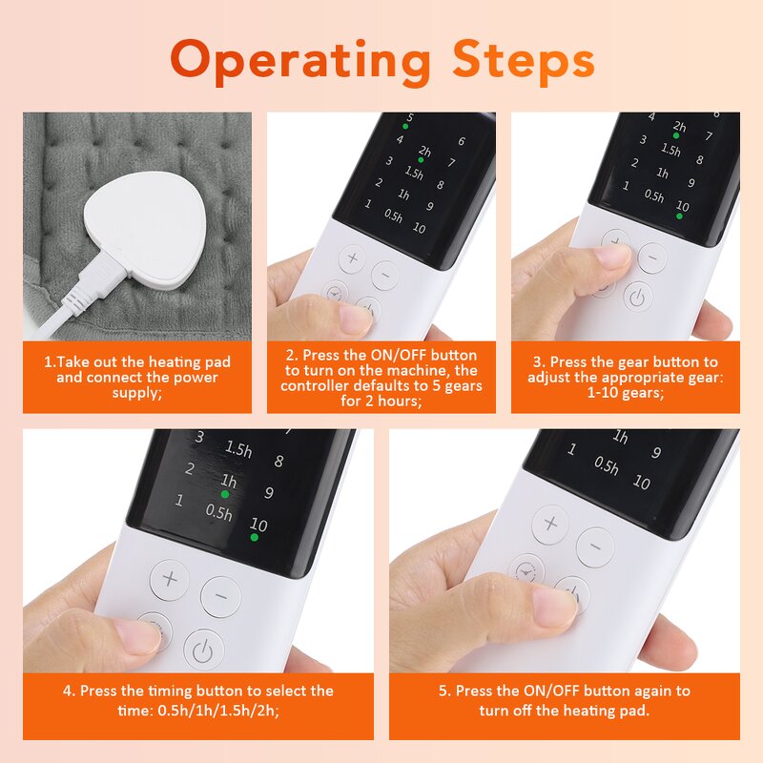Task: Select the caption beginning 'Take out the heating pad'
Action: point(137,377)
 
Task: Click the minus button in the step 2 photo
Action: point(384,275)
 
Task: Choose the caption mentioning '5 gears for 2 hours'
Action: point(381,377)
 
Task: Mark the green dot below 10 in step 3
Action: point(680,217)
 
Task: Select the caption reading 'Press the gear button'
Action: point(624,377)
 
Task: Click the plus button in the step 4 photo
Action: point(170,579)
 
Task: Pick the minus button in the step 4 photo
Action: point(221,597)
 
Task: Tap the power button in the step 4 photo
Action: point(202,650)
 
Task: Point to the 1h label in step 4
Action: point(228,480)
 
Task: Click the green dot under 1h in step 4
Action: point(226,494)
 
